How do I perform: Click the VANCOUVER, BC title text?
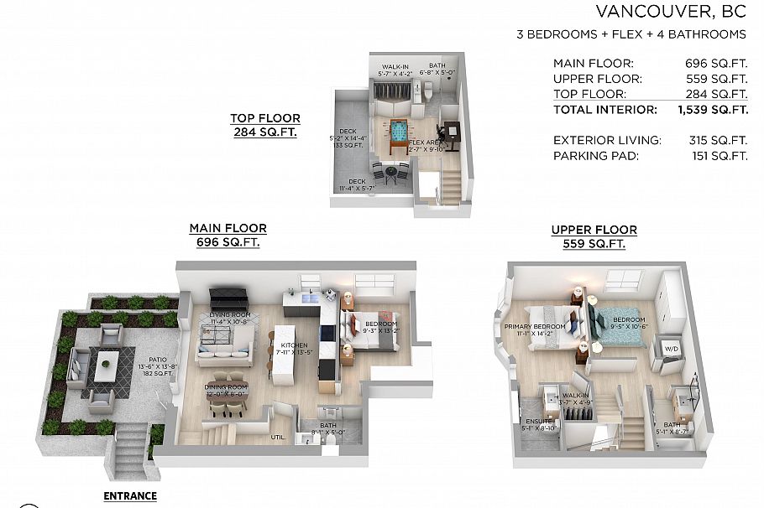click(x=671, y=12)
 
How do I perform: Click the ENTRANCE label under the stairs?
click(x=129, y=496)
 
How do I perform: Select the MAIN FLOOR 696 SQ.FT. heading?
click(x=228, y=235)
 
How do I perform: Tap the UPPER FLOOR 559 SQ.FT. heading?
click(x=594, y=236)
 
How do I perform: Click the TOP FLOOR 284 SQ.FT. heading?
click(x=265, y=126)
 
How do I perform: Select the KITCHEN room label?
click(x=294, y=346)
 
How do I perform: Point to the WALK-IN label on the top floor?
click(x=395, y=66)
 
